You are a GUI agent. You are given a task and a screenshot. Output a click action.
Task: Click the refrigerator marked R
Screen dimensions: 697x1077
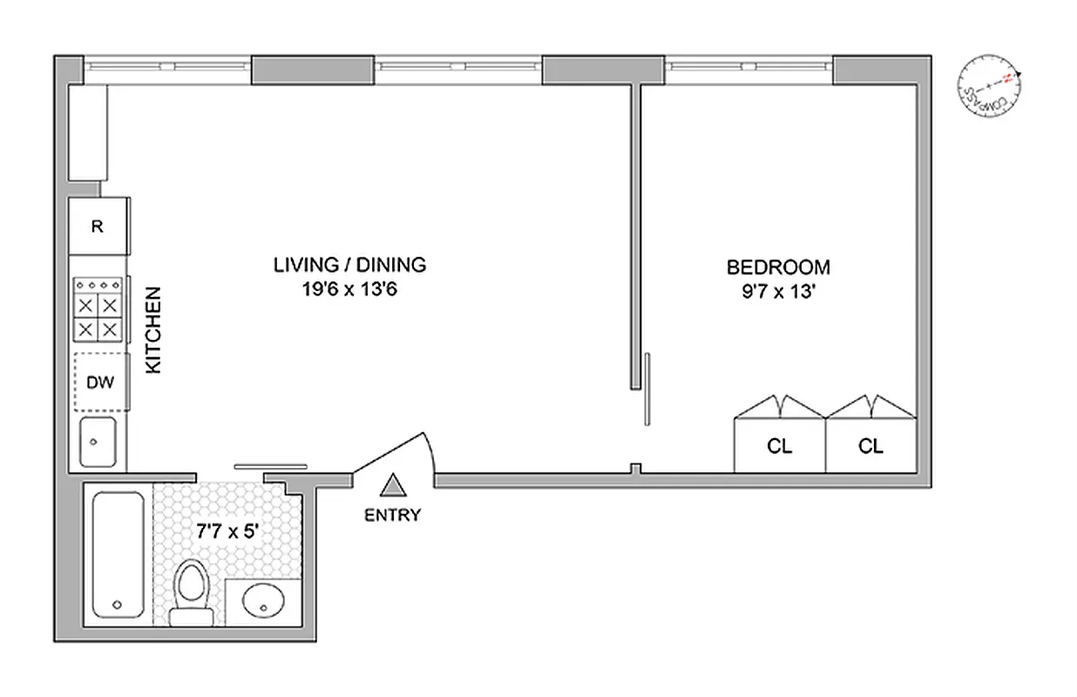(x=98, y=227)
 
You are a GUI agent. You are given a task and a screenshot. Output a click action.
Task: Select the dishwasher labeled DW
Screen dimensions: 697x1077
(x=99, y=382)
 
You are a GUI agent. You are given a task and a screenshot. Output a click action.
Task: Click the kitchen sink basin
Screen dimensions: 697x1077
(x=98, y=442)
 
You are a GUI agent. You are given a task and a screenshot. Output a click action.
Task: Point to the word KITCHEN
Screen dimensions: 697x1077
(x=153, y=331)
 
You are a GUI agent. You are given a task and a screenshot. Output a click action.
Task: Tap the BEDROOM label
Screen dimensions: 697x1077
(x=778, y=267)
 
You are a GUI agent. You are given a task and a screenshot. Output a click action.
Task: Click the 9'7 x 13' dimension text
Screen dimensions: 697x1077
(x=778, y=292)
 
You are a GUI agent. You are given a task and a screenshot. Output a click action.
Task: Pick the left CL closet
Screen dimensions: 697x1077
(x=780, y=445)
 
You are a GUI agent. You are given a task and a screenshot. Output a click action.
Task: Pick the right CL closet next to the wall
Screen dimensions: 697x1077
(x=870, y=445)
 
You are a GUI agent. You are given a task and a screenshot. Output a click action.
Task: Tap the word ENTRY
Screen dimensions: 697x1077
(x=392, y=515)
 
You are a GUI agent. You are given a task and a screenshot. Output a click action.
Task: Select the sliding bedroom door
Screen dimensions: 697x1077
(x=647, y=389)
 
